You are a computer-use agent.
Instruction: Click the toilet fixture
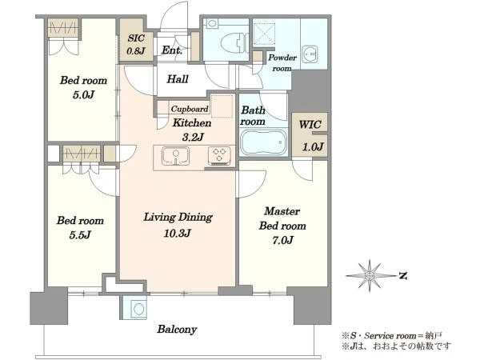pos(234,43)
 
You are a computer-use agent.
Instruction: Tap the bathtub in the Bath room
pos(263,142)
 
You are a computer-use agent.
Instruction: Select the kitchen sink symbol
pos(175,156)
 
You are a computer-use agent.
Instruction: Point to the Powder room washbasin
pos(310,54)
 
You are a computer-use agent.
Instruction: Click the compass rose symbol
pos(370,276)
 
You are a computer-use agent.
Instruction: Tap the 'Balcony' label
pos(177,330)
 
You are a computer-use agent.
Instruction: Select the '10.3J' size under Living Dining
pos(178,234)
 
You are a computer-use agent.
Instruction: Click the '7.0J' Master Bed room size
pos(282,240)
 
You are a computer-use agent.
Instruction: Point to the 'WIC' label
pos(310,125)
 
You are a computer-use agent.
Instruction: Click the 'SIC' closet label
pos(136,38)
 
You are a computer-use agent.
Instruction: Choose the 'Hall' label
pos(178,79)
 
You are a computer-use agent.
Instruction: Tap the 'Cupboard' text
pos(190,109)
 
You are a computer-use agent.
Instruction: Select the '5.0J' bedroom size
pos(83,95)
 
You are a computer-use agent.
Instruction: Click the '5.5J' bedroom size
pos(80,235)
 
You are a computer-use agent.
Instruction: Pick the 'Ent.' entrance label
pos(172,50)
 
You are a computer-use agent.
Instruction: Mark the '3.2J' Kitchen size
pos(193,137)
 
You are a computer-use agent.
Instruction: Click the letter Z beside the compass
pos(403,276)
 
